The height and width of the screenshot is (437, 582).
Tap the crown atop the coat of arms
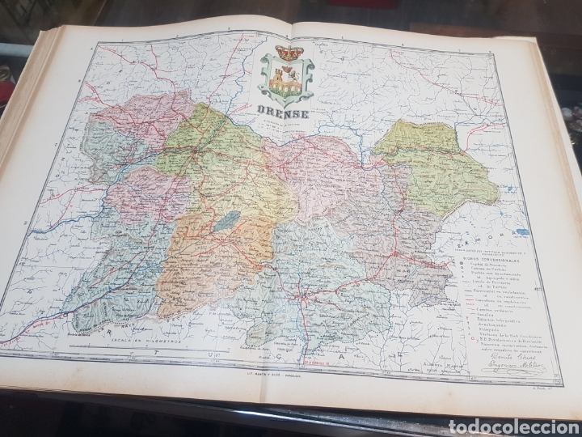[286, 54]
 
